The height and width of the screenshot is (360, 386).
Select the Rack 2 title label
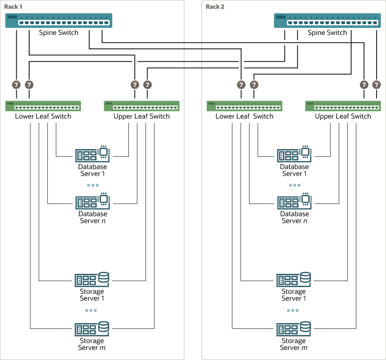[x=215, y=6]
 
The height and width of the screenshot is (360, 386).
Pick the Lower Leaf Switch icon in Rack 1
[x=43, y=106]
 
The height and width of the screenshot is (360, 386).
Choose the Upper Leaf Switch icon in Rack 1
[x=142, y=106]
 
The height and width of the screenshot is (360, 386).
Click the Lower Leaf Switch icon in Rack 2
[x=244, y=106]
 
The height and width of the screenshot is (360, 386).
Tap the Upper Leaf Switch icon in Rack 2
[x=343, y=106]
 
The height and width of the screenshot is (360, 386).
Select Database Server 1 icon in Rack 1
[x=92, y=154]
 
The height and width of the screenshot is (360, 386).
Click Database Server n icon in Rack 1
[x=92, y=201]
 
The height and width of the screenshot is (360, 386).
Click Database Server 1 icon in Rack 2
[x=294, y=154]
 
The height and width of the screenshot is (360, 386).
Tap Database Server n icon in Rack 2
[x=294, y=201]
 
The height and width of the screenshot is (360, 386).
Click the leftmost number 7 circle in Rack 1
[x=16, y=84]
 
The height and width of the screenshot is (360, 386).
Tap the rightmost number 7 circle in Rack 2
[x=377, y=84]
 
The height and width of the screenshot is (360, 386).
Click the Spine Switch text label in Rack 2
[x=327, y=33]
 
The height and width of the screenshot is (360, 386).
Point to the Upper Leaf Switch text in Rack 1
[x=142, y=116]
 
